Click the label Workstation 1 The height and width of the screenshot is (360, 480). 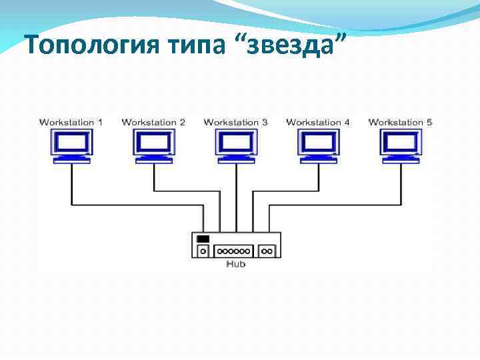71,122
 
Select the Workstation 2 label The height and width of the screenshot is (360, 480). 153,122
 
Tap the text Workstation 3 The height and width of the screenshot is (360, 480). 236,122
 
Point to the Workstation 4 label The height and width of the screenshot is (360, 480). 318,122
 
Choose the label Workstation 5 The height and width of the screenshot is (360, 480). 401,122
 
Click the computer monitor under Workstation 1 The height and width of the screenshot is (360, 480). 72,145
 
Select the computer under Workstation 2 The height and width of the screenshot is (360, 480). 154,145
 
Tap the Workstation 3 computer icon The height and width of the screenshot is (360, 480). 237,145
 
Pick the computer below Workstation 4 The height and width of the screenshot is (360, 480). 319,145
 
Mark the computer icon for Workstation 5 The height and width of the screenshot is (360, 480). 401,145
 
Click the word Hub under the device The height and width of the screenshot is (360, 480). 236,265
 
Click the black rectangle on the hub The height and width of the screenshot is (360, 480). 203,239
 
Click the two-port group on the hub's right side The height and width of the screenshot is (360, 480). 267,251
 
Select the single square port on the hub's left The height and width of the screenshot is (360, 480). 203,251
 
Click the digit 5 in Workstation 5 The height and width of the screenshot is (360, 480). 429,122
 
